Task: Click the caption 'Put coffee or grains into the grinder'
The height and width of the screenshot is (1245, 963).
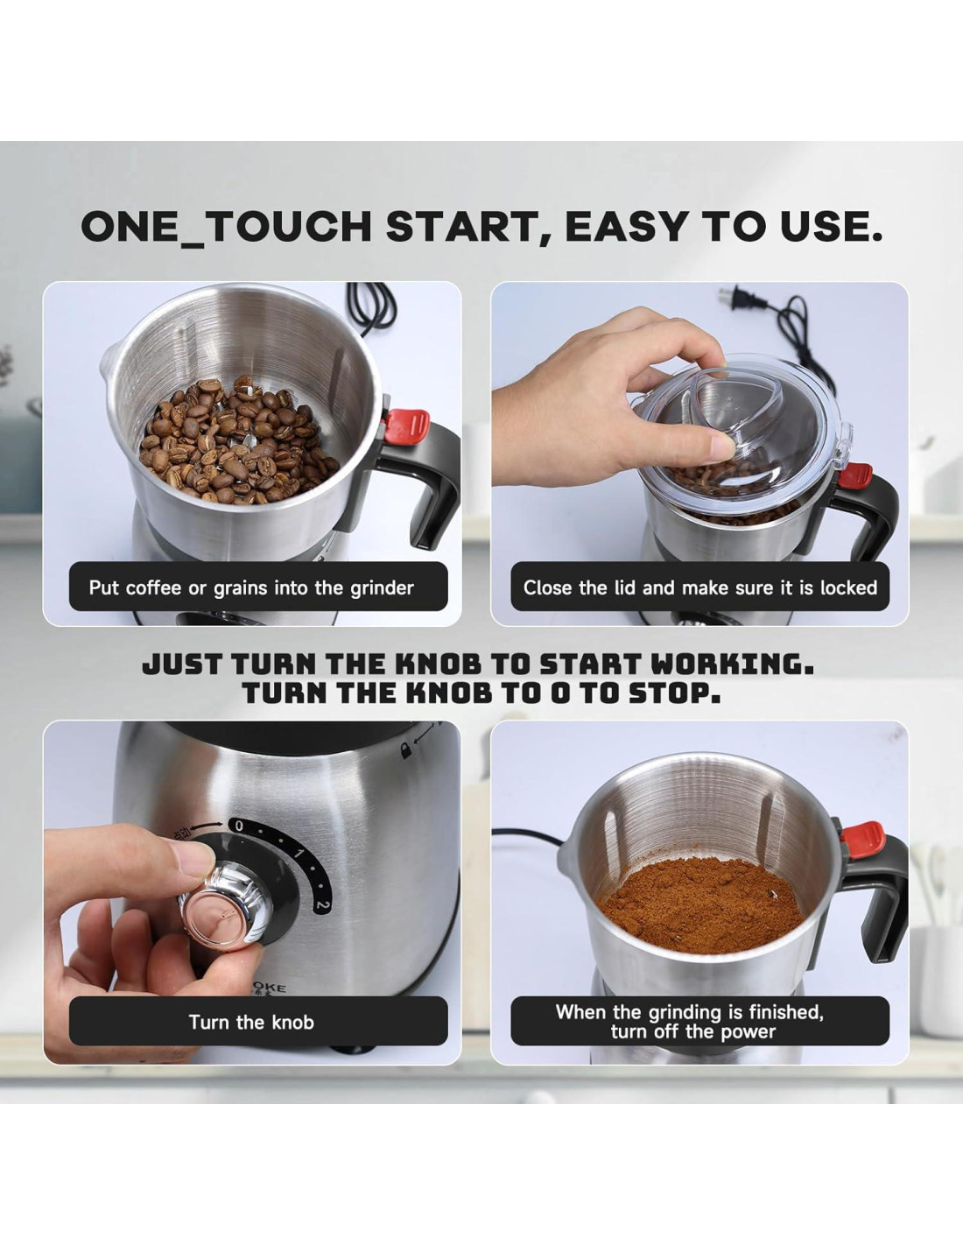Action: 251,588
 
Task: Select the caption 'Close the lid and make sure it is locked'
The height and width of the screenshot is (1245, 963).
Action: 700,587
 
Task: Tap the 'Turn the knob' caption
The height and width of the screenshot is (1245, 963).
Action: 251,1022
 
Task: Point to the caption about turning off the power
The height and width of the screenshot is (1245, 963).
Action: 691,1022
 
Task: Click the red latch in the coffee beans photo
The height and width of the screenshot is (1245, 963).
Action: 406,426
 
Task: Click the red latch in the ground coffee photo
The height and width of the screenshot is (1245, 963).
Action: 862,840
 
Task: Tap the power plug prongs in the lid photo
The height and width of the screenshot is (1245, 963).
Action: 727,297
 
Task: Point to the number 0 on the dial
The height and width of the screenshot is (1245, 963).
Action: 239,826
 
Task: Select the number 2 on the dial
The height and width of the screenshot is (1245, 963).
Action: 322,906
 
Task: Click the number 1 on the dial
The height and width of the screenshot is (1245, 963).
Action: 299,853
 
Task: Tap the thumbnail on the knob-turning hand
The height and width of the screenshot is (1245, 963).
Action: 193,857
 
